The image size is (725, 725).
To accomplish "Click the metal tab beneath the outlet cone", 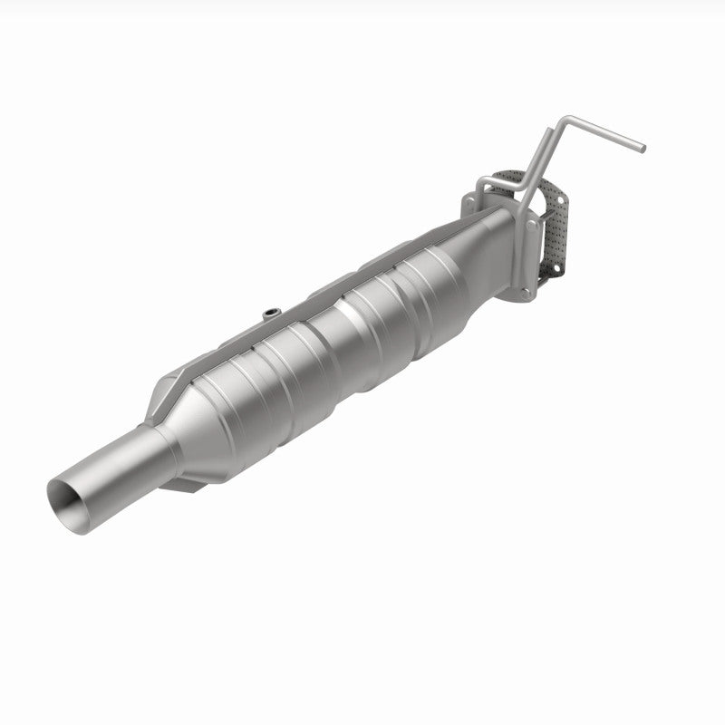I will click(204, 485).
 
